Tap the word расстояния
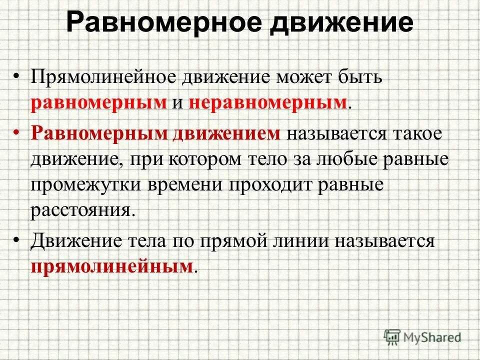pos(83,208)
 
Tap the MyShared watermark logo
pos(422,336)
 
